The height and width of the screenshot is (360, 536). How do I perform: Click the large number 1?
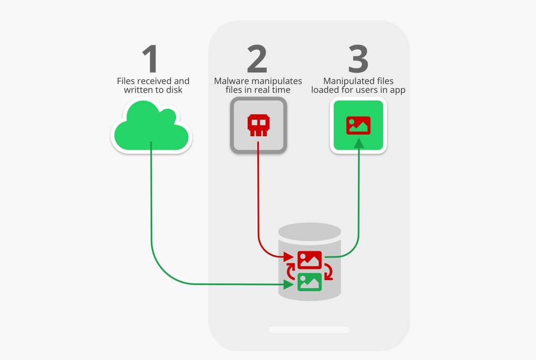coord(150,59)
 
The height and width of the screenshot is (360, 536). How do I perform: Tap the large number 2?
coord(257,59)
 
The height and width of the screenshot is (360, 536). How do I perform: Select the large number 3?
coord(358,59)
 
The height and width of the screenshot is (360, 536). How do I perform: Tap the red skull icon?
coord(258,125)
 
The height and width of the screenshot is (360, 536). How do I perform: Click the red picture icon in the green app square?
coord(358,125)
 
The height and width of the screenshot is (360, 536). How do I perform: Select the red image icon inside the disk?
coord(309,260)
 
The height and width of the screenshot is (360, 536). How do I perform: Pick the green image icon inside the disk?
coord(309,282)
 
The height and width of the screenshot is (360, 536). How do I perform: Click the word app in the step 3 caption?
coord(398,91)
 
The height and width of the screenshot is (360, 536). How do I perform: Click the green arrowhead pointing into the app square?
coord(358,143)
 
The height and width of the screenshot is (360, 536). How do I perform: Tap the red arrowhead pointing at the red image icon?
coord(288,257)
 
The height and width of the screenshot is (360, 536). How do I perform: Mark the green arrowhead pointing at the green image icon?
coord(288,284)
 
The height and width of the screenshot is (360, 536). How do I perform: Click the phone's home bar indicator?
coord(309,330)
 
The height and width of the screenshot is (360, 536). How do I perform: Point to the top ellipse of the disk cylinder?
coord(309,232)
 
